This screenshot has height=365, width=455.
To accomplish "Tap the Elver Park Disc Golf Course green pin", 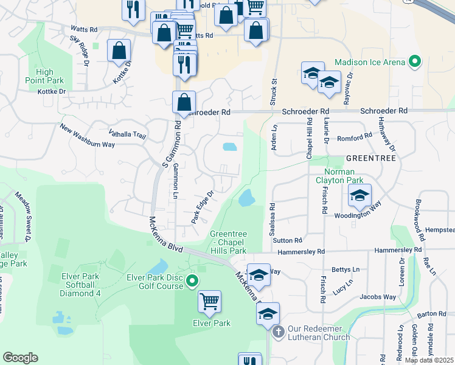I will pyautogui.click(x=192, y=280).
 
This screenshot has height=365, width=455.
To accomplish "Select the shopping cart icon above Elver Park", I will pyautogui.click(x=209, y=301).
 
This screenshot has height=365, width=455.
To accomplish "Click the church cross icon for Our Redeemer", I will pyautogui.click(x=279, y=332).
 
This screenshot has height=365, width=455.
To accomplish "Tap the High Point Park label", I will pyautogui.click(x=44, y=76).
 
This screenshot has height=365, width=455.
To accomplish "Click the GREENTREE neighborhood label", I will pyautogui.click(x=370, y=158).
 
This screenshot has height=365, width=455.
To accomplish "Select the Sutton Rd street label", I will pyautogui.click(x=288, y=241).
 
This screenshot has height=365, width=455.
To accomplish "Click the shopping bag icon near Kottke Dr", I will pyautogui.click(x=119, y=50).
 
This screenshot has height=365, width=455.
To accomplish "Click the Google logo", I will pyautogui.click(x=20, y=358).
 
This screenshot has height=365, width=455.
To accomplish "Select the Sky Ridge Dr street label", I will pyautogui.click(x=80, y=50).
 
